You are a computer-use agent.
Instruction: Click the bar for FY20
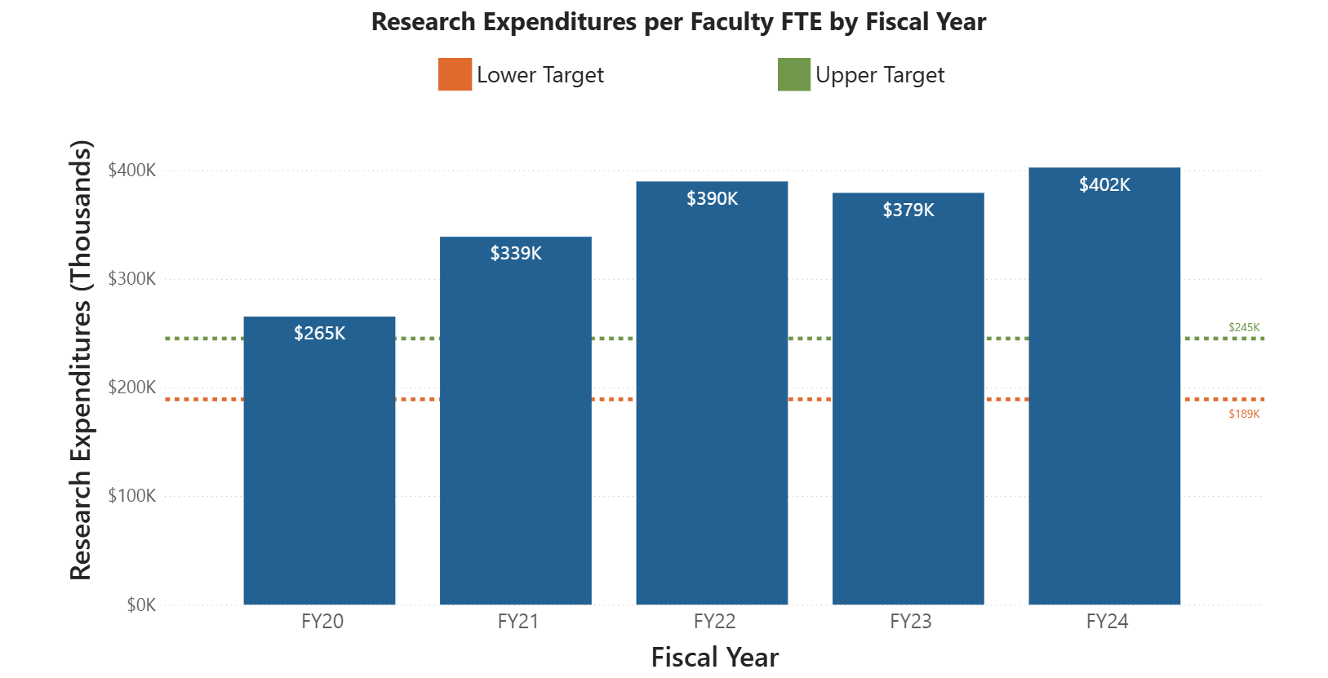pos(319,473)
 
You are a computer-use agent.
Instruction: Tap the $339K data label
pos(516,254)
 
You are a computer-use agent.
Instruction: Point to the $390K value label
pos(712,199)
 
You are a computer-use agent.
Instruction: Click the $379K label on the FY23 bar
pos(908,210)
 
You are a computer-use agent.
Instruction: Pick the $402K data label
pos(1104,185)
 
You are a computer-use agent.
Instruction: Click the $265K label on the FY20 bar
pos(319,334)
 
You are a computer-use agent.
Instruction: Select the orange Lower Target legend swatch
pos(455,74)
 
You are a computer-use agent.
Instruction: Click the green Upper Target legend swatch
pos(793,74)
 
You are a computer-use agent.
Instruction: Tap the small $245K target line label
pos(1244,327)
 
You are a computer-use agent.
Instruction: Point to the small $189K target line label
pos(1244,414)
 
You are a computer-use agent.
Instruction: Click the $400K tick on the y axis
pos(131,171)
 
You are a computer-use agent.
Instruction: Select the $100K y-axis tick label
pos(131,496)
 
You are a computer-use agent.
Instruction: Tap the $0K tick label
pos(140,605)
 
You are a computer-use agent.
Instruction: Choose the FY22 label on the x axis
pos(714,622)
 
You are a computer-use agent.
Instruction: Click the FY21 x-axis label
pos(518,622)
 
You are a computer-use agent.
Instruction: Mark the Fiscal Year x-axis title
pos(714,657)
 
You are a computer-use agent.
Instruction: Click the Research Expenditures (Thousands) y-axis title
pos(81,360)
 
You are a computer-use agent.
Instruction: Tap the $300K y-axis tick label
pos(131,279)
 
